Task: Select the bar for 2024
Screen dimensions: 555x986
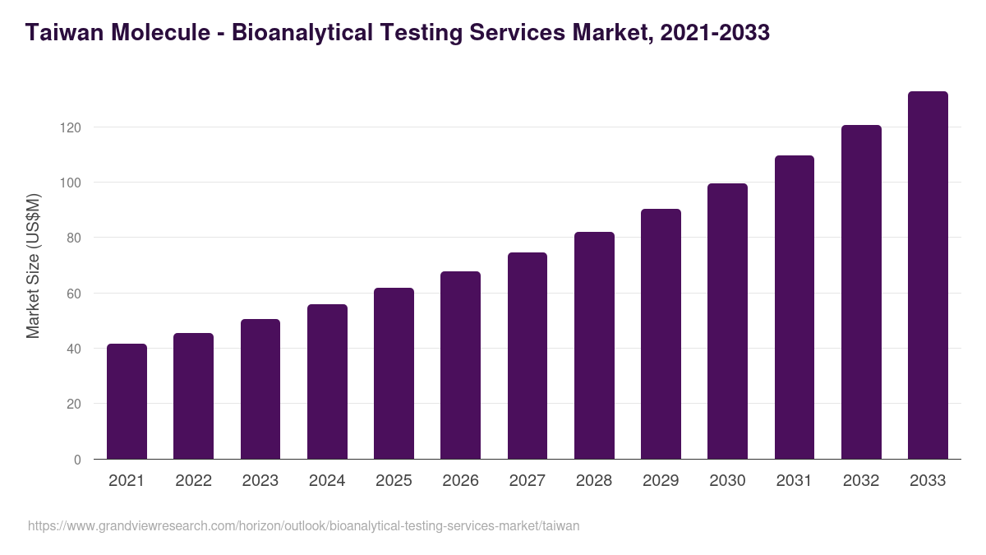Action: click(327, 382)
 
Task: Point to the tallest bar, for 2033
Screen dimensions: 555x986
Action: click(928, 275)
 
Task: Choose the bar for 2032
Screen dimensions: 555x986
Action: click(861, 292)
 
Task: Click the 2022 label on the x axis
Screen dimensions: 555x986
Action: click(193, 481)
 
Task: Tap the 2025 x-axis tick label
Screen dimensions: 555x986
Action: click(394, 481)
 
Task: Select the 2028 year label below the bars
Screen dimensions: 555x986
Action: click(594, 481)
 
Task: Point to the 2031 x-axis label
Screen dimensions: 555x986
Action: click(794, 481)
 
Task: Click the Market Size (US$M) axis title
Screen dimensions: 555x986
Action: click(33, 266)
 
